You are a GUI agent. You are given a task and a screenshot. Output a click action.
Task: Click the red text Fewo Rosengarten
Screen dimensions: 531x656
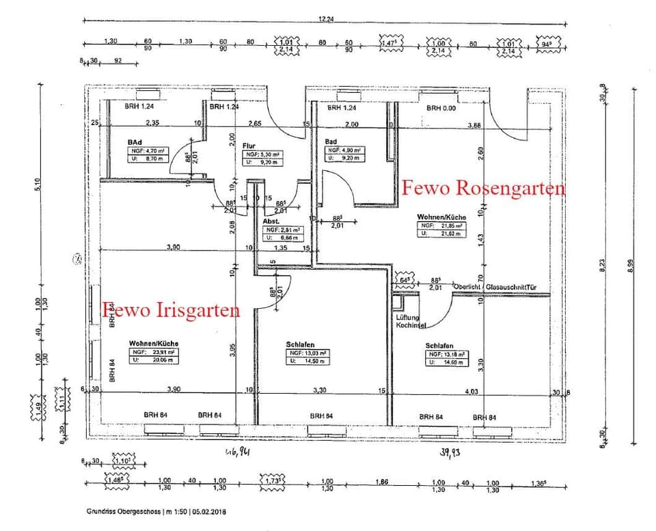[x=484, y=187]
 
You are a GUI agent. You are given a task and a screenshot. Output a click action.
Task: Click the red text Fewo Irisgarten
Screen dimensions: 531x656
[x=172, y=310]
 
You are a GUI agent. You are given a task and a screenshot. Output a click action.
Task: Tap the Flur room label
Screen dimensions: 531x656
[x=249, y=146]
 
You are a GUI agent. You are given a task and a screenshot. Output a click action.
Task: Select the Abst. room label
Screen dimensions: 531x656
[x=271, y=222]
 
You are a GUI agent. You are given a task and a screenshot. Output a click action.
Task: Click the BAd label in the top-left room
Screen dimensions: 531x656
[x=134, y=142]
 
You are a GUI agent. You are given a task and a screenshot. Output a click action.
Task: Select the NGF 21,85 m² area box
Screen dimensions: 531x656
[x=441, y=228]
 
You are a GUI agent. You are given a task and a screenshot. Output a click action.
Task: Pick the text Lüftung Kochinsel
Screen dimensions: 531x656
[x=411, y=321]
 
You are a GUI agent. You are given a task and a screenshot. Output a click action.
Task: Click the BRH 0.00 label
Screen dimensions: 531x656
[x=443, y=108]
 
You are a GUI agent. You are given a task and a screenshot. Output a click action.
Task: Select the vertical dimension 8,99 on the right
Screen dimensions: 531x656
[x=639, y=271]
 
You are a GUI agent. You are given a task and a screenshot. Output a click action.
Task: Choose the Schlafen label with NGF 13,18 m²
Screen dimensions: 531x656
[x=439, y=346]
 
